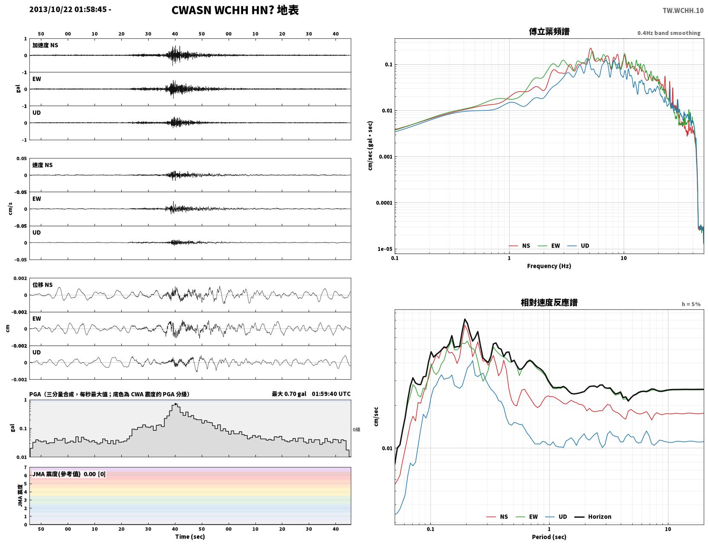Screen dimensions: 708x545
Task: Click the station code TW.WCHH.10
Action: click(x=682, y=10)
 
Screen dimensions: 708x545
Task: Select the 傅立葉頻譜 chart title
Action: click(x=549, y=32)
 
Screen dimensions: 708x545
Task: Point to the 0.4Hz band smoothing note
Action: click(x=668, y=33)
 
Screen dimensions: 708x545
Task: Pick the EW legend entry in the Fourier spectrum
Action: click(x=549, y=245)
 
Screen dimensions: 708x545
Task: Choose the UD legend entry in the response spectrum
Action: click(x=556, y=516)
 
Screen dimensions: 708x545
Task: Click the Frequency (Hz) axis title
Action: click(x=549, y=265)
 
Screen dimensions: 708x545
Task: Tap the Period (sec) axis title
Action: click(x=549, y=536)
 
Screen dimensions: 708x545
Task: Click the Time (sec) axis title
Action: click(x=189, y=536)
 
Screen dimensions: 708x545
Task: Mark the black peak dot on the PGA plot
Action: click(x=175, y=404)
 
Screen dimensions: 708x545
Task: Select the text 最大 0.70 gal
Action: click(x=289, y=394)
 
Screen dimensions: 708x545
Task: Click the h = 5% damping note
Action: click(x=691, y=304)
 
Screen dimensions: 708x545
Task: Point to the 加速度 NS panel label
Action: click(x=45, y=45)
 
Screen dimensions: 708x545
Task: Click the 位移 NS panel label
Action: click(x=42, y=285)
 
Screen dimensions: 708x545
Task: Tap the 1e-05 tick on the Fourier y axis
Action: click(x=385, y=249)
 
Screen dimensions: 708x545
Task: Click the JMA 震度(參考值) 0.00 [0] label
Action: click(x=69, y=473)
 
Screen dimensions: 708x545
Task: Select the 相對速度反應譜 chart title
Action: click(x=549, y=303)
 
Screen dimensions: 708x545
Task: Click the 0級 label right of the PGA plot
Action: click(x=356, y=429)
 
